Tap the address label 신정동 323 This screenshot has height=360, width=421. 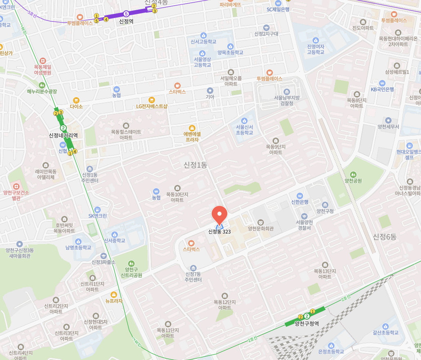(x=220, y=232)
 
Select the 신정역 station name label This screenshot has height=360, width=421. (x=127, y=21)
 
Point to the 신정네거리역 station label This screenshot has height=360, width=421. (x=63, y=136)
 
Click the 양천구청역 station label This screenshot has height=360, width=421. (x=306, y=324)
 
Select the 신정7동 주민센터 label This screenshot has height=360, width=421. (x=193, y=277)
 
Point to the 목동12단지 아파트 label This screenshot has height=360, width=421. (x=224, y=304)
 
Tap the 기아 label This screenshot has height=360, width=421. (x=210, y=97)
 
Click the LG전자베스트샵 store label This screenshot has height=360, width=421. (x=152, y=106)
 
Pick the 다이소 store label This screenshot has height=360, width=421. (x=76, y=106)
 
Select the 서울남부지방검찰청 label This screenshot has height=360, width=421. (x=286, y=100)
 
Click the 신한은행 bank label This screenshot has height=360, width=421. (x=300, y=202)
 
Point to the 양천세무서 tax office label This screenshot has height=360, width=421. (x=388, y=127)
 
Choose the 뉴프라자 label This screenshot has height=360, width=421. (x=114, y=301)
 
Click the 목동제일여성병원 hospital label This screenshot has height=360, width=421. (x=42, y=69)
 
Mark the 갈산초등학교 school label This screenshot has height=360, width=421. (x=385, y=332)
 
